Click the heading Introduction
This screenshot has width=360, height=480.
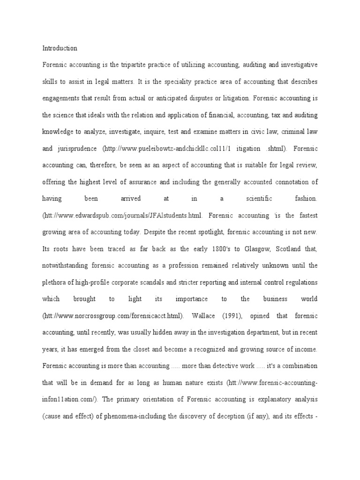pyautogui.click(x=60, y=48)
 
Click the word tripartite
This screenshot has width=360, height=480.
pyautogui.click(x=128, y=64)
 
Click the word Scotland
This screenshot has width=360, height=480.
pyautogui.click(x=276, y=248)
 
